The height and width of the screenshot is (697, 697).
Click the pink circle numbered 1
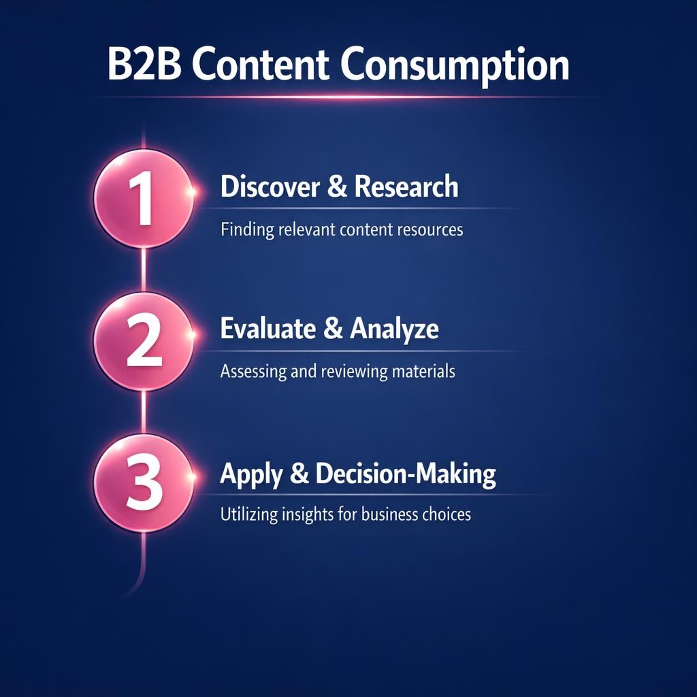[143, 199]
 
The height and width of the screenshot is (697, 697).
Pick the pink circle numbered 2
[143, 342]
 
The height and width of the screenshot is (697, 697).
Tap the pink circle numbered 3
[143, 484]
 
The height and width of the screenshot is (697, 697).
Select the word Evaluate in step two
[268, 329]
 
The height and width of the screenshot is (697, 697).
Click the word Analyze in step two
[394, 330]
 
